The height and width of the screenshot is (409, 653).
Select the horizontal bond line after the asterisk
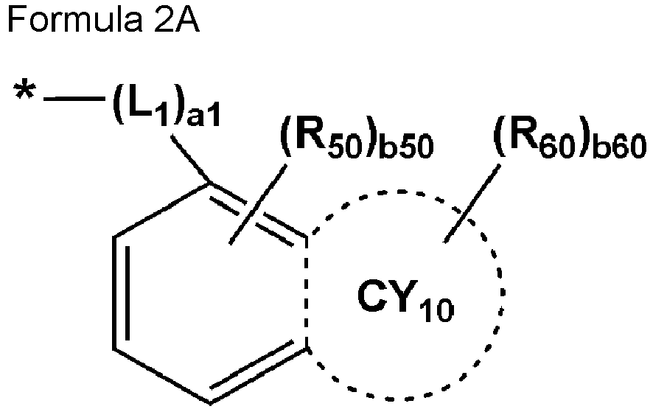(74, 99)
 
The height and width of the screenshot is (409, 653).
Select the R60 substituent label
(536, 140)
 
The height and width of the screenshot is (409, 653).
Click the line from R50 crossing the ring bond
(258, 204)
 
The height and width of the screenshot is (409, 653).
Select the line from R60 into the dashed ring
(472, 203)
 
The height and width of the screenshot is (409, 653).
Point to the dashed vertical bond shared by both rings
(307, 293)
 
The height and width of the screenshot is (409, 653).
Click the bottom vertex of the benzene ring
(210, 403)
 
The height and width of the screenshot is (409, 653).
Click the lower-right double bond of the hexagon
(259, 373)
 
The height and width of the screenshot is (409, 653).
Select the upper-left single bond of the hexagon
(162, 210)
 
